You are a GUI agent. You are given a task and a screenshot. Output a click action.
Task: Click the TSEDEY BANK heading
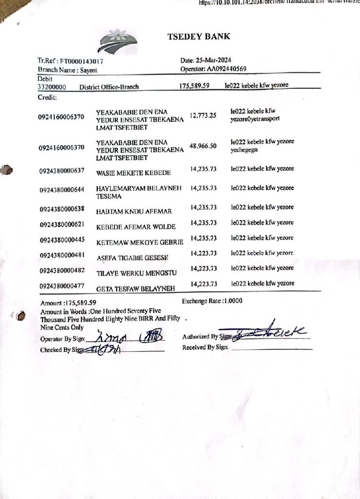point(198,37)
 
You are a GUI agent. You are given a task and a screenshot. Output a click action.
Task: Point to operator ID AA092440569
point(227,69)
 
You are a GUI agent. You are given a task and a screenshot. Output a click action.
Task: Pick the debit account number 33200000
point(52,87)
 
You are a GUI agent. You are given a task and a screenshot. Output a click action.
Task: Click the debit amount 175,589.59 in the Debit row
point(194,86)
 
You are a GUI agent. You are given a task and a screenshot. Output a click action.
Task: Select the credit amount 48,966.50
point(203,146)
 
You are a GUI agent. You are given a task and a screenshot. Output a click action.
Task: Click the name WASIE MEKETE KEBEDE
point(133,173)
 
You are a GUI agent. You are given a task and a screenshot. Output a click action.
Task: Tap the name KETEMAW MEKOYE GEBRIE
point(140,242)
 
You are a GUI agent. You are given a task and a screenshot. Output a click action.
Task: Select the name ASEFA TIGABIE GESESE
point(133,257)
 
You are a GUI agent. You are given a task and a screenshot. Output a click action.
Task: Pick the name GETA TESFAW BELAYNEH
point(135,288)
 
